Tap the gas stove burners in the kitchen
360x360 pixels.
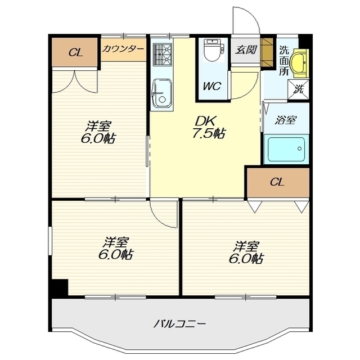click(x=163, y=55)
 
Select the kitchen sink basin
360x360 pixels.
click(x=162, y=93)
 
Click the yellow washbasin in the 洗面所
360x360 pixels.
click(x=299, y=62)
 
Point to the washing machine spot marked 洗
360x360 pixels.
click(x=298, y=89)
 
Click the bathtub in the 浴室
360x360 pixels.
click(x=286, y=149)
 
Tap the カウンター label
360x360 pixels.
click(x=123, y=49)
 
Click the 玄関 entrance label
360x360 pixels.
click(x=246, y=50)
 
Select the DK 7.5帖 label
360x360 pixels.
click(x=208, y=127)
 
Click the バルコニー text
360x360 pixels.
click(x=179, y=325)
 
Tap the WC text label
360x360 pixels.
click(x=211, y=86)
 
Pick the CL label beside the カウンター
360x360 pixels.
click(x=76, y=53)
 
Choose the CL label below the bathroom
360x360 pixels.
click(x=277, y=182)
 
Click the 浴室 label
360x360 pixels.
click(x=286, y=120)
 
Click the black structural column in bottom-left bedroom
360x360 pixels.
click(x=60, y=287)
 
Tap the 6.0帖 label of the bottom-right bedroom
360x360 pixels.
click(x=246, y=259)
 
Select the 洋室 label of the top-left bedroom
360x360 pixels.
click(x=99, y=126)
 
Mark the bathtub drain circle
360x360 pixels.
click(x=299, y=148)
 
